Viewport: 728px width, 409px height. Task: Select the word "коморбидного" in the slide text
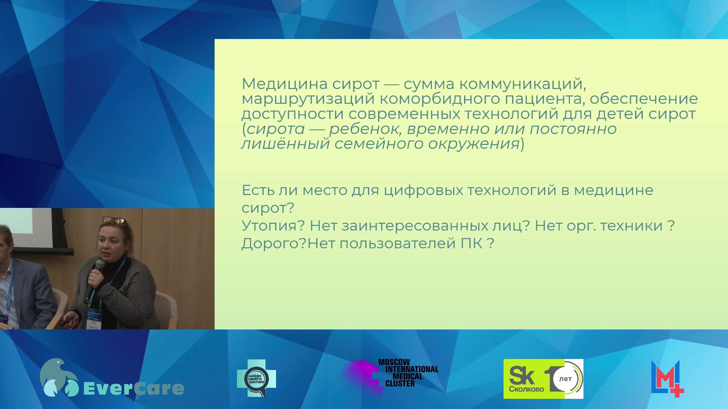pos(439,99)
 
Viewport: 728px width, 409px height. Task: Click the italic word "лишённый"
pos(286,144)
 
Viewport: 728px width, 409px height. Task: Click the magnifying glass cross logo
pos(257,378)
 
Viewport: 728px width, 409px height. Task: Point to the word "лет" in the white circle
pos(565,379)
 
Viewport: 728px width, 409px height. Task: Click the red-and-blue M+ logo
pos(667,379)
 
